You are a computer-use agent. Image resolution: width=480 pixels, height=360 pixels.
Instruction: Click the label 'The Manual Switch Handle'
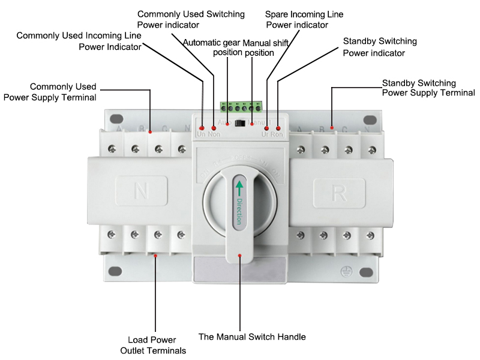tap(252, 337)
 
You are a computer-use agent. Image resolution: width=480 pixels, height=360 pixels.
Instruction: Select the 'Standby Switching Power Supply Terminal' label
tap(428, 88)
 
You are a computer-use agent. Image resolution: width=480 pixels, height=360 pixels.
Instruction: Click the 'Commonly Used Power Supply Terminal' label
tap(50, 91)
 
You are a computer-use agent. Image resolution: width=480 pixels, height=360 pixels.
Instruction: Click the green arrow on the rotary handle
tap(239, 187)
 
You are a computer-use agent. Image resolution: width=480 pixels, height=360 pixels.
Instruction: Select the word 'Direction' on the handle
tap(239, 211)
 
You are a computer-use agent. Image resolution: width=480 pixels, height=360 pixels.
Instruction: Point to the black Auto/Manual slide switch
tap(240, 124)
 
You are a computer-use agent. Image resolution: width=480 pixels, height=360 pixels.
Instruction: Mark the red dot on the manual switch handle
tap(240, 256)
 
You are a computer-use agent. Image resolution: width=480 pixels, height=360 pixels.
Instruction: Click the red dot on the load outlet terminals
tap(156, 256)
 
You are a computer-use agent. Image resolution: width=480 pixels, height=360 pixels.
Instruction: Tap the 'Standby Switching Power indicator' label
tap(379, 47)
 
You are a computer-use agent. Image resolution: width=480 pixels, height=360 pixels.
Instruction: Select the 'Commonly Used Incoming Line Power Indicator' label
tap(79, 41)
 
